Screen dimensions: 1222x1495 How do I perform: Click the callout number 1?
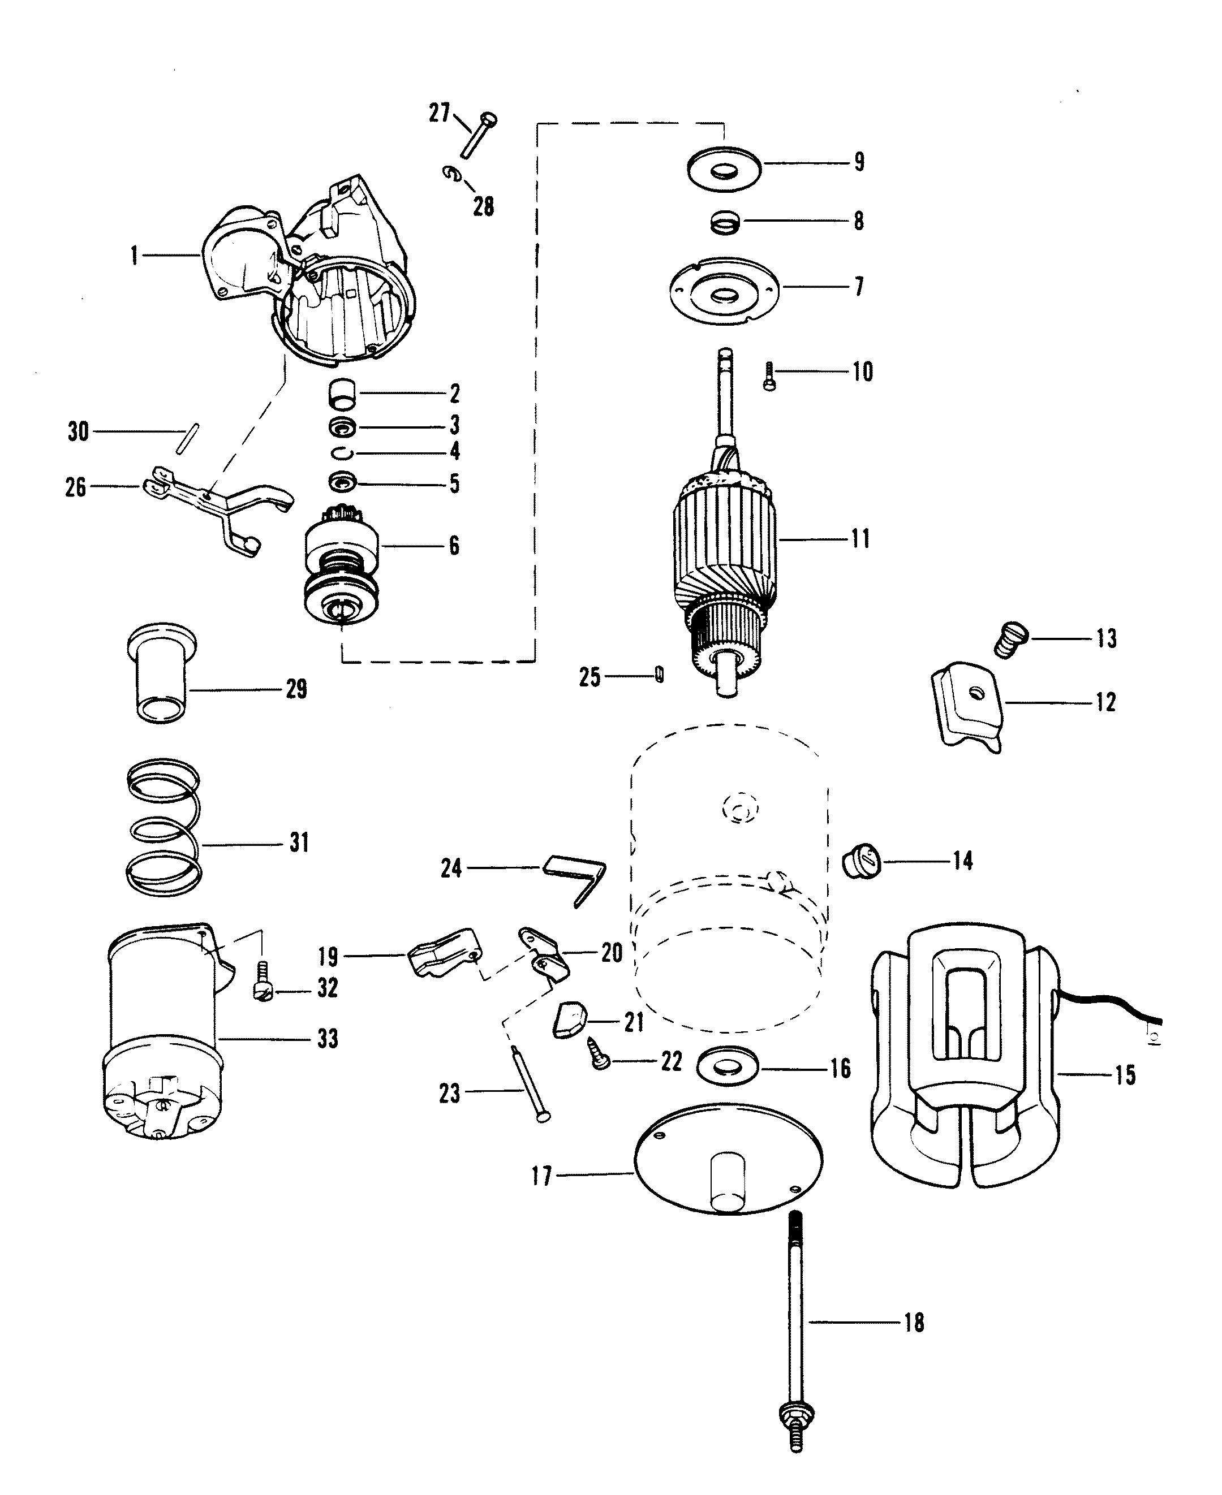(134, 256)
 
